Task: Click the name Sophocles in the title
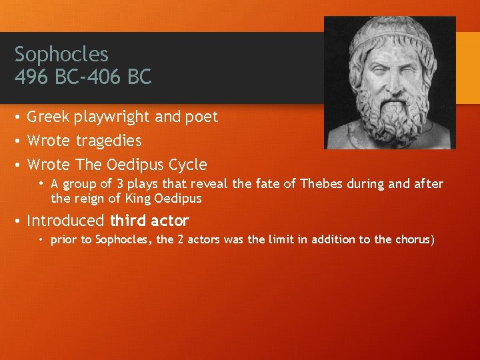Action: (61, 54)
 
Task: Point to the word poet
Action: (202, 117)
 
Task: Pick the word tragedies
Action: (109, 141)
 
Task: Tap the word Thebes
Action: (321, 184)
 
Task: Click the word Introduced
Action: (65, 221)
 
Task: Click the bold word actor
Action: (171, 221)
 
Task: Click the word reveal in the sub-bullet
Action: (209, 184)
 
